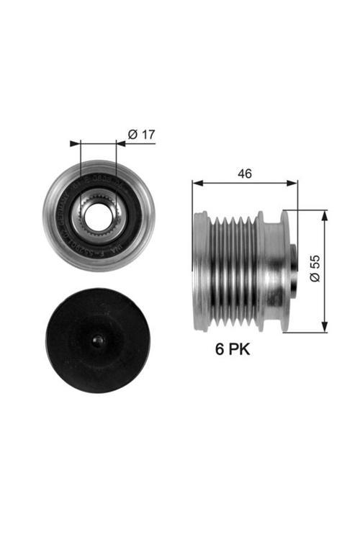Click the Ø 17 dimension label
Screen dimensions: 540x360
tap(141, 133)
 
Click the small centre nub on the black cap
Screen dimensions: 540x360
tap(99, 340)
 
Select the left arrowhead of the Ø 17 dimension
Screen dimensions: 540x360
tap(74, 144)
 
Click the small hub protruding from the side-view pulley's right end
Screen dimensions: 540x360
tap(293, 271)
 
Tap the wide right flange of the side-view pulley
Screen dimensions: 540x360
tap(285, 271)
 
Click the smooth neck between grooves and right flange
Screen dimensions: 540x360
tap(269, 271)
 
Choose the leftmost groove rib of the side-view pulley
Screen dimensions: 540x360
tap(210, 271)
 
